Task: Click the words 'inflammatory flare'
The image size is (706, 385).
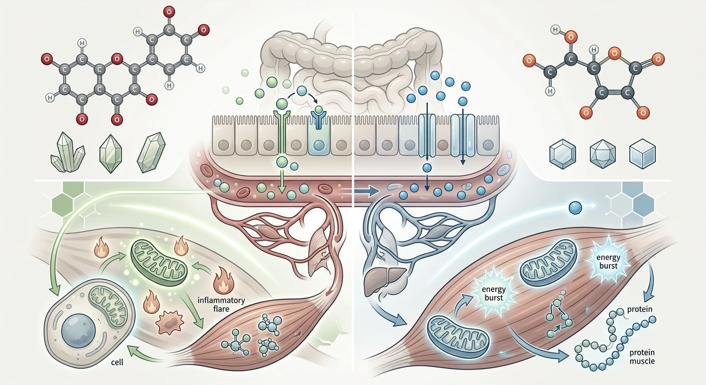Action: [221, 304]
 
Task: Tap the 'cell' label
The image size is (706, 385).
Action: [117, 362]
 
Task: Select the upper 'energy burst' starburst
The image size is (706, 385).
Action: [608, 262]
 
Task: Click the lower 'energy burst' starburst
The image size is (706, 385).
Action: [494, 293]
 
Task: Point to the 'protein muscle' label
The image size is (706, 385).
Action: [642, 356]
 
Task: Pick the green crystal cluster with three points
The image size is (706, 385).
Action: [68, 152]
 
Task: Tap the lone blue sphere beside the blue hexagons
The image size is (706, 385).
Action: [575, 208]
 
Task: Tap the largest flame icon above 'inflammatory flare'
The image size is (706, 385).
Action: [223, 280]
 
